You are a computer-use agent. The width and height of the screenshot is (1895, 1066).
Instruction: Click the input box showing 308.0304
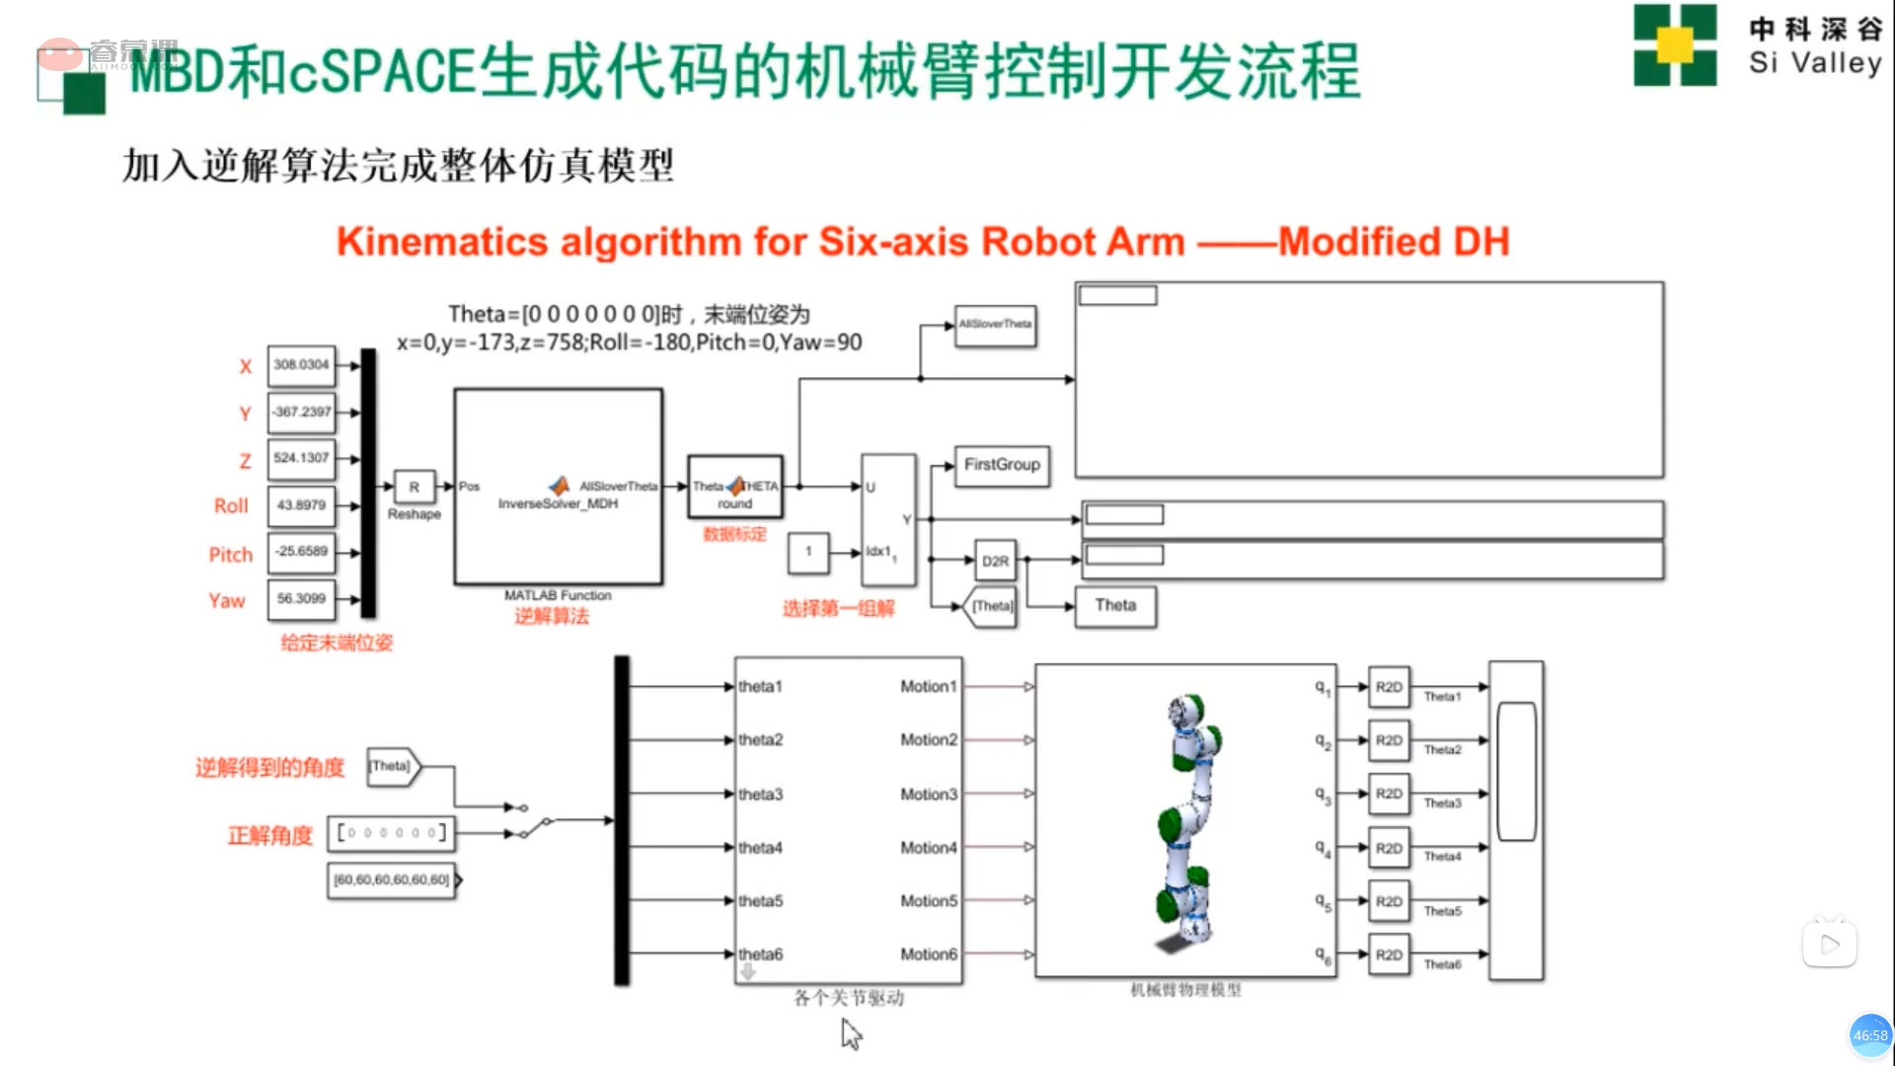(x=301, y=365)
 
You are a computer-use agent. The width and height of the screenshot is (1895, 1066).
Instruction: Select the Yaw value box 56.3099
(x=301, y=599)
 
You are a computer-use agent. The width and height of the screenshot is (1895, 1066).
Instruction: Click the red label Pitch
(x=231, y=555)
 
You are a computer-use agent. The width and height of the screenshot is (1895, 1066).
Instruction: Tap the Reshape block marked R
(x=415, y=487)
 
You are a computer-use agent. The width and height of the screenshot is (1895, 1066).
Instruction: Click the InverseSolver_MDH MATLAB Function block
(x=558, y=487)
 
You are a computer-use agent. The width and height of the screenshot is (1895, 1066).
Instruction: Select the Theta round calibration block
(x=735, y=487)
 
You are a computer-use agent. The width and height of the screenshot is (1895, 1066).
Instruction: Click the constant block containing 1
(x=808, y=553)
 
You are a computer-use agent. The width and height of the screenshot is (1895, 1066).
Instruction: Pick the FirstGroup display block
(x=1002, y=465)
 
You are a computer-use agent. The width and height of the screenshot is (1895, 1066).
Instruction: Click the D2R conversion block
(x=995, y=561)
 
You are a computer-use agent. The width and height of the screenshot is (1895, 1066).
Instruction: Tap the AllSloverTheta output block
(x=995, y=325)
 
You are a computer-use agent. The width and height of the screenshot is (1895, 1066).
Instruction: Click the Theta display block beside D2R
(x=1115, y=606)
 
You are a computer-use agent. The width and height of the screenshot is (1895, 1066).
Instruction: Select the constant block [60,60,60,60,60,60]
(x=392, y=879)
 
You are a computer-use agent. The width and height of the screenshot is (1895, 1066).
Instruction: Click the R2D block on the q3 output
(x=1389, y=795)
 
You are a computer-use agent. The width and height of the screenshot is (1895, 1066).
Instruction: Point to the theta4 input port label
(x=761, y=848)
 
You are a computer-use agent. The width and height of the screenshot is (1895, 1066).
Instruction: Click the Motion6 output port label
(x=928, y=954)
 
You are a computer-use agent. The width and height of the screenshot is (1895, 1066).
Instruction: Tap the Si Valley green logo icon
(x=1675, y=45)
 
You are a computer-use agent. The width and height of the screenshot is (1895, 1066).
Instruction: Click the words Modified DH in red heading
(x=1394, y=242)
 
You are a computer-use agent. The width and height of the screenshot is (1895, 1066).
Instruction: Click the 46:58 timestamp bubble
(x=1869, y=1035)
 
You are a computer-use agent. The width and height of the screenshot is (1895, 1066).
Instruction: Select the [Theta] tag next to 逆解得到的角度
(x=392, y=766)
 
